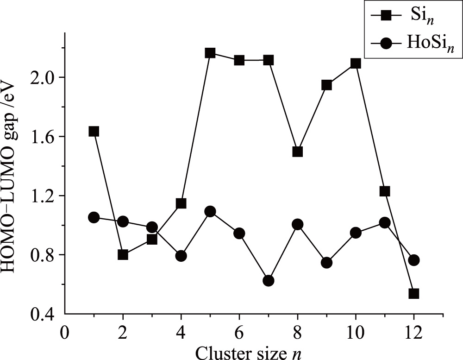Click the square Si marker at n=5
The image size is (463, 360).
tap(210, 53)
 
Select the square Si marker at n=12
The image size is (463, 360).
tap(414, 293)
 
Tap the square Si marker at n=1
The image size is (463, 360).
tap(94, 132)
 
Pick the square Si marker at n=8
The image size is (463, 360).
tap(298, 152)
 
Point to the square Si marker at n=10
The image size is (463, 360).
tap(356, 63)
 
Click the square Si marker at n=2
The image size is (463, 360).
tap(123, 254)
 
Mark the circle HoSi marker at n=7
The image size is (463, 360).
tap(269, 280)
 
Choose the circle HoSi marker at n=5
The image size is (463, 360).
tap(210, 212)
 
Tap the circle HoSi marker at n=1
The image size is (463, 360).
tap(94, 217)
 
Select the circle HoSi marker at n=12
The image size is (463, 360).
tap(414, 260)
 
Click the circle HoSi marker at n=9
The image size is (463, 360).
tap(326, 263)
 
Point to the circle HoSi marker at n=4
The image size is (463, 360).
tap(181, 256)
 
